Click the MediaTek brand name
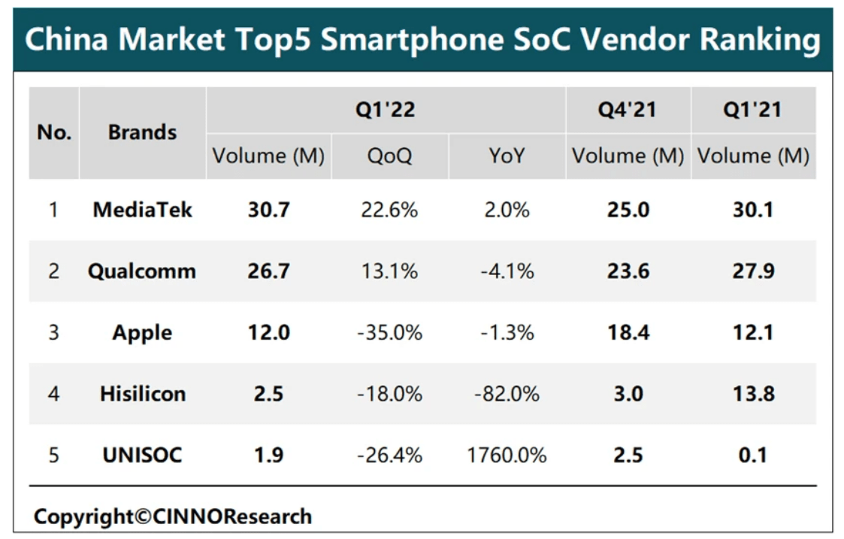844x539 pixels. [x=142, y=209]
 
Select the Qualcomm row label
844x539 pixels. [x=142, y=271]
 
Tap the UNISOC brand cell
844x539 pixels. [x=142, y=455]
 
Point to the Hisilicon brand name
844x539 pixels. [x=142, y=393]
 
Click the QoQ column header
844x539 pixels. [x=389, y=156]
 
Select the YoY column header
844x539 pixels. [x=507, y=156]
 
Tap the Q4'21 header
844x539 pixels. [x=628, y=110]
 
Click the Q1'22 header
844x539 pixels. [x=386, y=110]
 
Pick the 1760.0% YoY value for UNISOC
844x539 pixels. [x=507, y=455]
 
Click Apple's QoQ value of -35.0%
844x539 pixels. [x=389, y=332]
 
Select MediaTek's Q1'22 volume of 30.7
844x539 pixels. [x=268, y=209]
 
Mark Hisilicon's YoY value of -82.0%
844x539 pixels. [x=507, y=393]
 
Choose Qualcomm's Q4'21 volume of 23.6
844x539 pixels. [x=628, y=271]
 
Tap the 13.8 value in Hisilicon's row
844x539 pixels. [x=753, y=393]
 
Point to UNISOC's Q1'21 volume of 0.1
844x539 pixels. [x=753, y=455]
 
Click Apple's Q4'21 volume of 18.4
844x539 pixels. [x=628, y=332]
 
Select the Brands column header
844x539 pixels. [x=142, y=132]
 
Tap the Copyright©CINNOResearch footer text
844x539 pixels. [x=172, y=516]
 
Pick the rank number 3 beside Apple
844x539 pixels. [x=53, y=332]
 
